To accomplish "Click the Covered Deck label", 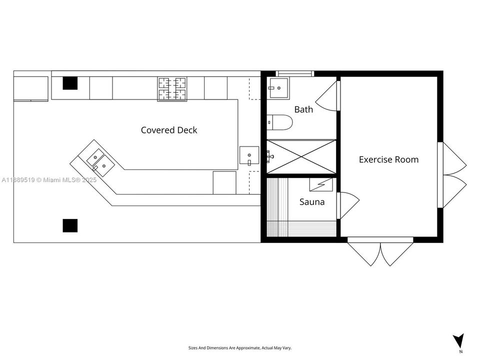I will [169, 130].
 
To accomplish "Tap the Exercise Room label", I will [388, 159].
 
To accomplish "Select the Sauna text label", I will [312, 202].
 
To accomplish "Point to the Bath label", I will [303, 109].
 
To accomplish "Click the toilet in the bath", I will [278, 121].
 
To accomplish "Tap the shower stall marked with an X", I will [301, 156].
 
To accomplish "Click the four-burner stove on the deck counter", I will [172, 88].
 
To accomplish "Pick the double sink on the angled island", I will [98, 161].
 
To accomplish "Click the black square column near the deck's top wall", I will [70, 83].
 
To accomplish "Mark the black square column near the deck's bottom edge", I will [70, 225].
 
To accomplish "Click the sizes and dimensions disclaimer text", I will [239, 347].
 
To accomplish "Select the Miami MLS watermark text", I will [48, 179].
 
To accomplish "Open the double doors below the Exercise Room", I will [380, 252].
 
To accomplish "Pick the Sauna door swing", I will [348, 205].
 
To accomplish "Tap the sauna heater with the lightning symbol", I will [321, 184].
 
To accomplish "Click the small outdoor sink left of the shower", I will [249, 155].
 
